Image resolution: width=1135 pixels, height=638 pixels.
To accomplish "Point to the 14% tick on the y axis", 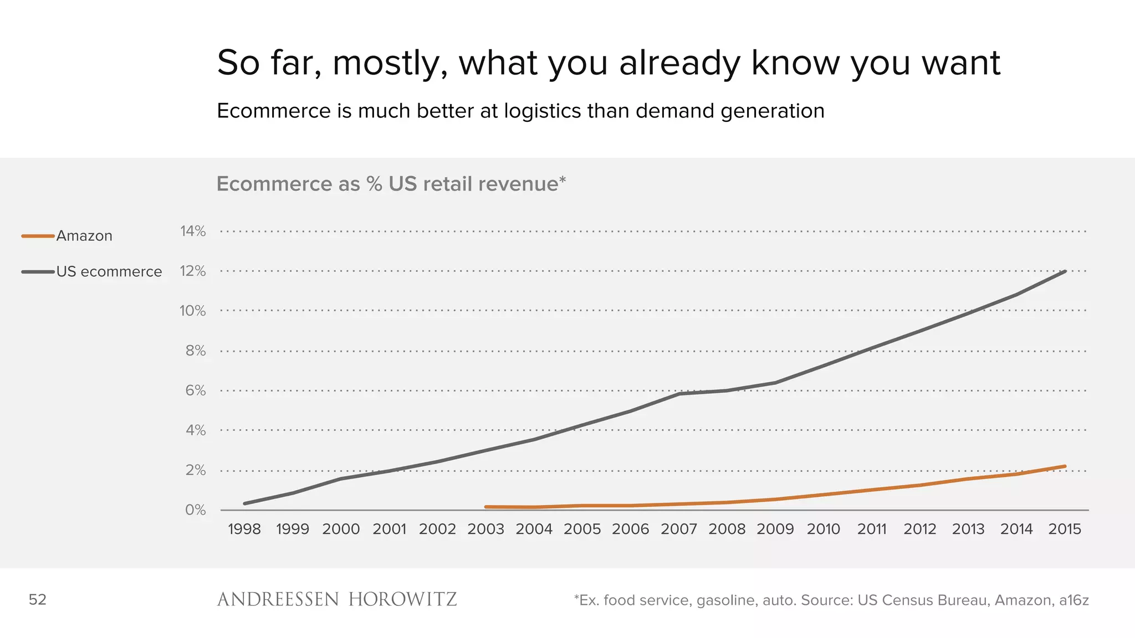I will pyautogui.click(x=192, y=231).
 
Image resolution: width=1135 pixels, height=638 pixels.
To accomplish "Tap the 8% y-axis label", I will pyautogui.click(x=195, y=351).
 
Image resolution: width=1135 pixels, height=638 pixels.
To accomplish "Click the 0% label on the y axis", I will pyautogui.click(x=195, y=510).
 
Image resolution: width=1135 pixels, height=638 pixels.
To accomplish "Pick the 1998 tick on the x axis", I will pyautogui.click(x=244, y=529).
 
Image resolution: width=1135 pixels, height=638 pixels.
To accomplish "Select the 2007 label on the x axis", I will pyautogui.click(x=678, y=529).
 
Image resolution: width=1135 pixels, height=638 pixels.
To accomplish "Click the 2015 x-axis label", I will pyautogui.click(x=1065, y=529).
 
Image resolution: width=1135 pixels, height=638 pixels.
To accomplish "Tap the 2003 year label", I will pyautogui.click(x=485, y=529).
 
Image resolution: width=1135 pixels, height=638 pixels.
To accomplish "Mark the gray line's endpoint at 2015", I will pyautogui.click(x=1065, y=271).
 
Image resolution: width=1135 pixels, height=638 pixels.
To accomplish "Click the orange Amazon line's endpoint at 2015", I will pyautogui.click(x=1065, y=466).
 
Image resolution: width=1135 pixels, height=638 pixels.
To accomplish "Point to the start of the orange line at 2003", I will pyautogui.click(x=486, y=507).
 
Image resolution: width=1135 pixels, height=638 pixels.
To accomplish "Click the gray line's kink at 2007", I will pyautogui.click(x=679, y=393).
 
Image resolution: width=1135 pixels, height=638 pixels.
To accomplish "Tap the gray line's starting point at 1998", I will pyautogui.click(x=245, y=503).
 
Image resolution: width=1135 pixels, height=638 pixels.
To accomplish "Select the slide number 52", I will pyautogui.click(x=38, y=600).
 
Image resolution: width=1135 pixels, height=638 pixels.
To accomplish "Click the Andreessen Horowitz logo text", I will pyautogui.click(x=337, y=600).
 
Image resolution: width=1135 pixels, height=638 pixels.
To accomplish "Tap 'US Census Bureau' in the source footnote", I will pyautogui.click(x=923, y=600).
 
